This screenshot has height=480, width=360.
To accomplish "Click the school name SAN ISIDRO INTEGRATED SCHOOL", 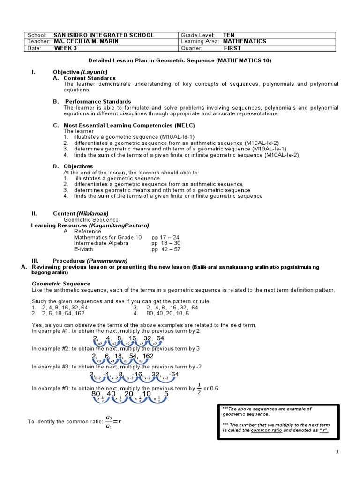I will pyautogui.click(x=104, y=35).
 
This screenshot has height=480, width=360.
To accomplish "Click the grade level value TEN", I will pyautogui.click(x=229, y=35).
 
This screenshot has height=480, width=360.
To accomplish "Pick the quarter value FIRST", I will pyautogui.click(x=232, y=48).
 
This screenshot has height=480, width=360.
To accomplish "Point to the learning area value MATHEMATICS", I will pyautogui.click(x=244, y=41).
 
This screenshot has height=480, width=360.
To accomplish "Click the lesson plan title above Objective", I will pyautogui.click(x=180, y=60).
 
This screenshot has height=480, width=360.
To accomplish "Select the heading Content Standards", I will pyautogui.click(x=90, y=78).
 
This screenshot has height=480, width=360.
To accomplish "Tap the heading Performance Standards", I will pyautogui.click(x=97, y=101).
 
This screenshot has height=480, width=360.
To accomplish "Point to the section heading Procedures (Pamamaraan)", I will pyautogui.click(x=90, y=261).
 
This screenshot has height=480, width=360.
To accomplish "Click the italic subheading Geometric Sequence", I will pyautogui.click(x=61, y=284).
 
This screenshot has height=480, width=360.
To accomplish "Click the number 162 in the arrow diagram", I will pyautogui.click(x=148, y=356).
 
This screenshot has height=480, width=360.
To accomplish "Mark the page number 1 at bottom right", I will pyautogui.click(x=337, y=451).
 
